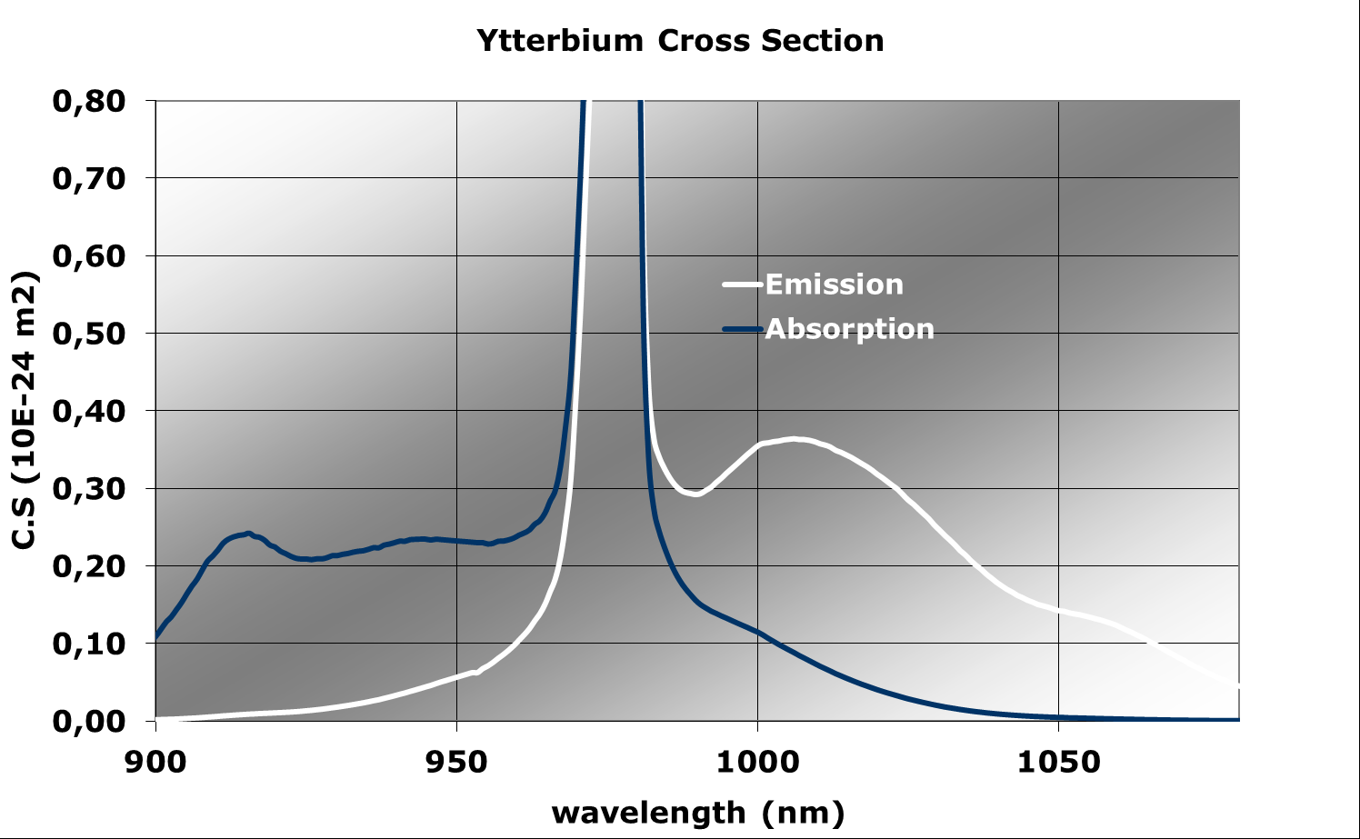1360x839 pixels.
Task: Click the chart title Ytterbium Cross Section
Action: coord(680,41)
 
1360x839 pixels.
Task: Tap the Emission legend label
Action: coord(834,285)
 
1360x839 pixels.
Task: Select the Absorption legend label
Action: coord(849,328)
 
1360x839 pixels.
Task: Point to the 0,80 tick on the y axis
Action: coord(89,101)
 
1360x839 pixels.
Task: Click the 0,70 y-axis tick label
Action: coord(89,178)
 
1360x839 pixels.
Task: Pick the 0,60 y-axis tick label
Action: coord(89,255)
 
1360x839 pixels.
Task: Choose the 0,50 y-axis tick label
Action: coord(89,334)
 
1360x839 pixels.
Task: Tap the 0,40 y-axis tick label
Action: coord(89,411)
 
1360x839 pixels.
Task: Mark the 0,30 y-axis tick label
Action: coord(89,488)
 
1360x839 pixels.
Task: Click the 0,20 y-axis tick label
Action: coord(89,565)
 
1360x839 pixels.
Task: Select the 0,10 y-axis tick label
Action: coord(89,644)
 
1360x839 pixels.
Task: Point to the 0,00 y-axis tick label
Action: coord(89,721)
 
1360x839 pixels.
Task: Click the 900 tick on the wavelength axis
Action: coord(156,762)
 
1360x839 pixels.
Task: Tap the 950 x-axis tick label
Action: coord(456,762)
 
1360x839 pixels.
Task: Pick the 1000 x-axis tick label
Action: coord(757,762)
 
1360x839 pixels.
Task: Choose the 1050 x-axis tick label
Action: coord(1058,762)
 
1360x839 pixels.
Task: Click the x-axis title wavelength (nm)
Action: coord(697,812)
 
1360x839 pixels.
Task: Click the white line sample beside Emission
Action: coord(742,285)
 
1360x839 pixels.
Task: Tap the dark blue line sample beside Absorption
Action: coord(742,329)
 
